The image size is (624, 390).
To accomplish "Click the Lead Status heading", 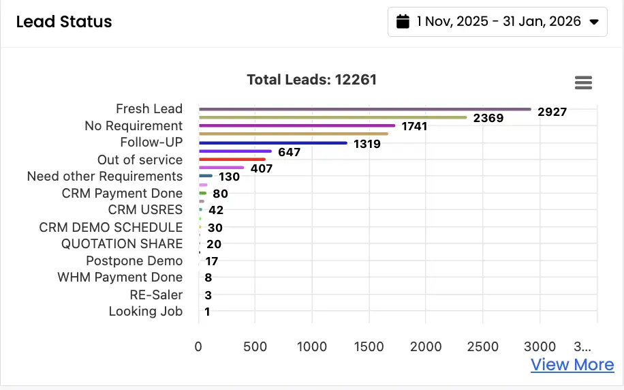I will (x=64, y=22).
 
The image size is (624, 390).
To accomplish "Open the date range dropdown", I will (x=497, y=22).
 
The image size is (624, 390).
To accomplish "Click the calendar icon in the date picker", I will (x=403, y=22).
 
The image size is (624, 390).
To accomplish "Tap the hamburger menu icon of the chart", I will (x=583, y=82).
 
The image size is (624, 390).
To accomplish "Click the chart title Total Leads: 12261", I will (x=311, y=80).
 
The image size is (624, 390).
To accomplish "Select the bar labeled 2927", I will (x=364, y=109).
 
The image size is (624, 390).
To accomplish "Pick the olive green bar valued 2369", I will (x=332, y=117).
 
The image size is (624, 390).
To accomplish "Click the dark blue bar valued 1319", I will (x=272, y=143).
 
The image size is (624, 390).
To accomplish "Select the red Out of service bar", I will (x=232, y=160).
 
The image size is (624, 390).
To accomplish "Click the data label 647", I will (x=290, y=152).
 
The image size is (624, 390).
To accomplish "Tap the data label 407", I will (x=262, y=168).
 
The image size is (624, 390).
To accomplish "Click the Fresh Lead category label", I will (x=149, y=108).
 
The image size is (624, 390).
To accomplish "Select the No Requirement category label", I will (x=134, y=125).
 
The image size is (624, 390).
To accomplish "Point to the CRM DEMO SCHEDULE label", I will (x=111, y=227).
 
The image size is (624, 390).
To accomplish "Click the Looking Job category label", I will (x=146, y=312).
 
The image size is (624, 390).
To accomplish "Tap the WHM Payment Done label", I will (x=120, y=277).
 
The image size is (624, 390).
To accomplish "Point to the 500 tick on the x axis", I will (x=255, y=347).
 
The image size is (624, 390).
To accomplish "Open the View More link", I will (x=572, y=365).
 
